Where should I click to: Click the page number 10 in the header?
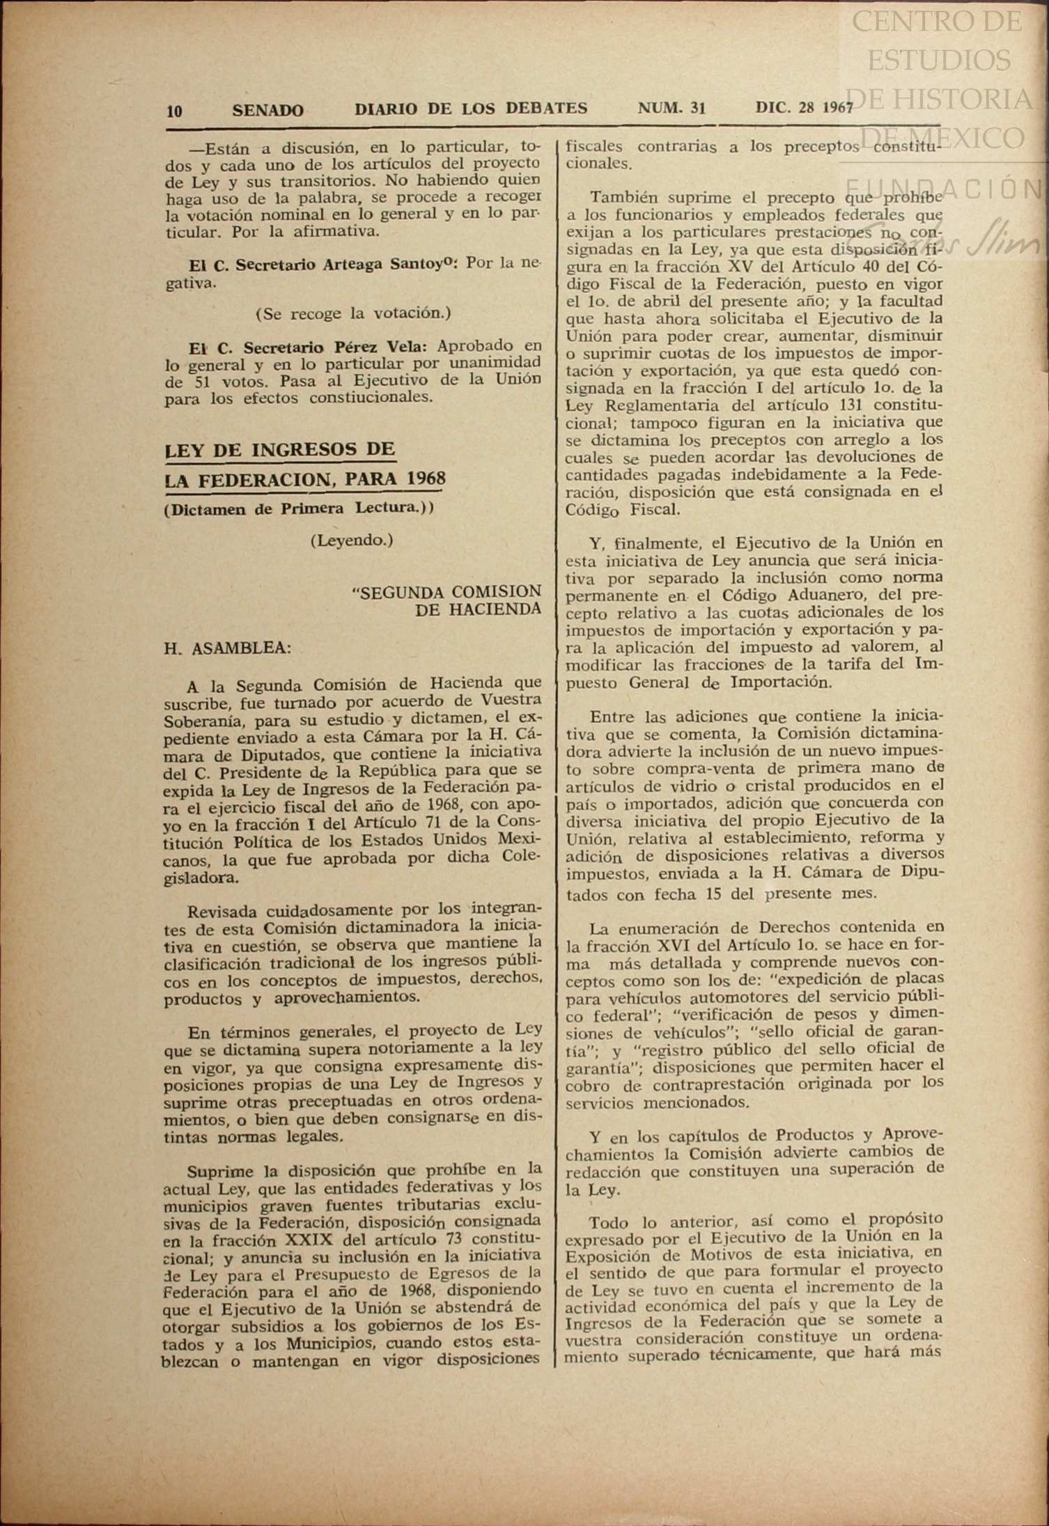click(174, 111)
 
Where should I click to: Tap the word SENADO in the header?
click(267, 110)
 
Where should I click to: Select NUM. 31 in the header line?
click(671, 108)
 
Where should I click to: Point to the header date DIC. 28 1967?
click(804, 108)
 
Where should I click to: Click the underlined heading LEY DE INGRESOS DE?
click(280, 449)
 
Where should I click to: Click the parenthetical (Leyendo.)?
click(352, 540)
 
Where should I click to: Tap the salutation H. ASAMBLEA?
click(228, 648)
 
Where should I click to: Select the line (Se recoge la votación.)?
click(353, 313)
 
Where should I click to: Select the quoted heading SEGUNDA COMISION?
click(446, 592)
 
